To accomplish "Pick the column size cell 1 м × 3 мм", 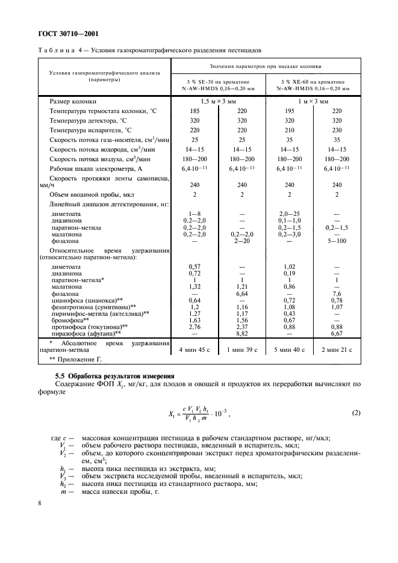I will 313,101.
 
